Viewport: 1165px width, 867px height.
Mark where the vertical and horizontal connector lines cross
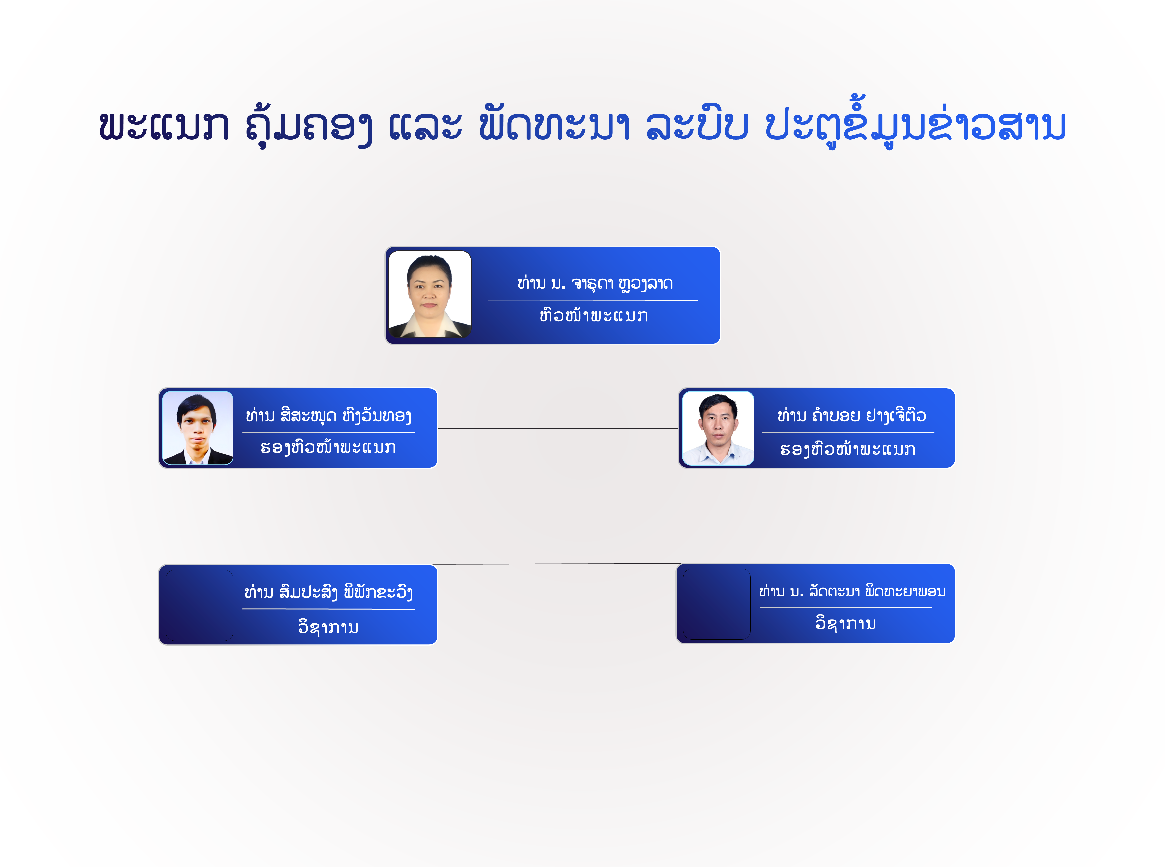point(553,428)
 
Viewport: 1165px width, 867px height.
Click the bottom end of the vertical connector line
point(553,511)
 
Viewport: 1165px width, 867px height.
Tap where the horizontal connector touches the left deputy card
point(438,428)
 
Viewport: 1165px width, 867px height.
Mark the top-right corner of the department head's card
point(720,247)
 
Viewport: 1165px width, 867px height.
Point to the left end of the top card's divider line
point(488,300)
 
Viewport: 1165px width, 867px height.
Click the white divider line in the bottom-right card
point(846,608)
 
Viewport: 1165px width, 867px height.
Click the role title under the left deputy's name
point(328,448)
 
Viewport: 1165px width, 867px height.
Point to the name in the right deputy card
point(852,416)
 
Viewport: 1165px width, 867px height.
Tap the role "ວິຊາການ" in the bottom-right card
point(846,623)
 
